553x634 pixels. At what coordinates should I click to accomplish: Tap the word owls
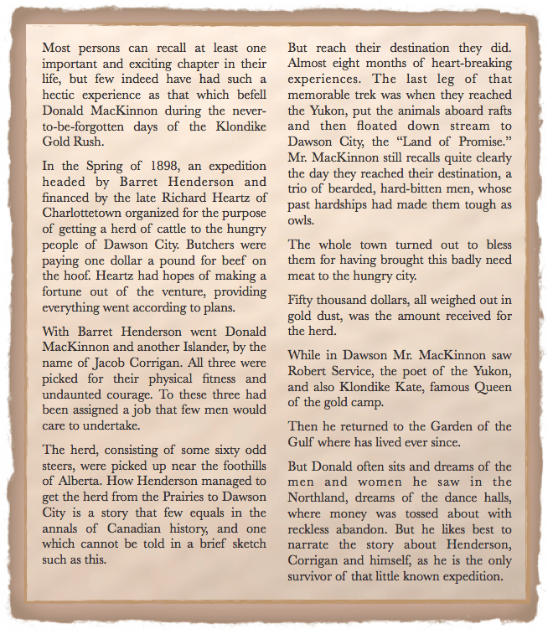[x=302, y=220]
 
